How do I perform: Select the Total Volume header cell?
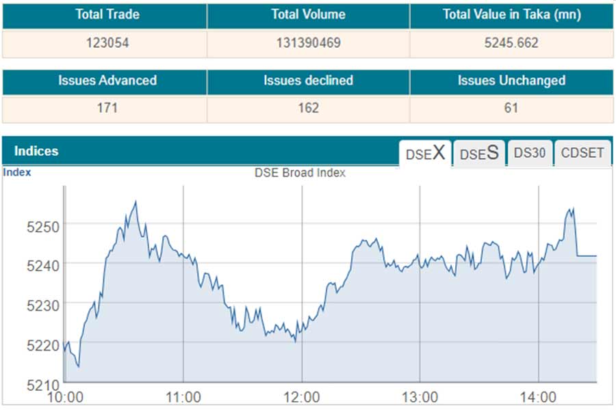click(308, 15)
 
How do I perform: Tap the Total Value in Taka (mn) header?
click(511, 15)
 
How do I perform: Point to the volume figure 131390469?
click(308, 43)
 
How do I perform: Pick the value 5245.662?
click(511, 43)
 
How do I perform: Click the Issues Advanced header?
click(107, 81)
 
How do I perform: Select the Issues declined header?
click(308, 81)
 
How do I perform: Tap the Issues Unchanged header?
click(511, 81)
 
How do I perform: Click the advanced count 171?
click(107, 108)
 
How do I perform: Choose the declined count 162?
click(308, 108)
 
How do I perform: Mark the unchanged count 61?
click(511, 108)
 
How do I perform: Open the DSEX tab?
click(425, 153)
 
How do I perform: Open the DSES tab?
click(478, 153)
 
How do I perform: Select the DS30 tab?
click(530, 153)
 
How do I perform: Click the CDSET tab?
click(582, 153)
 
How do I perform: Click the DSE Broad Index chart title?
click(300, 173)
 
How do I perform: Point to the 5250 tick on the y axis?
click(42, 225)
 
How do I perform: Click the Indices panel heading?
click(36, 152)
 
